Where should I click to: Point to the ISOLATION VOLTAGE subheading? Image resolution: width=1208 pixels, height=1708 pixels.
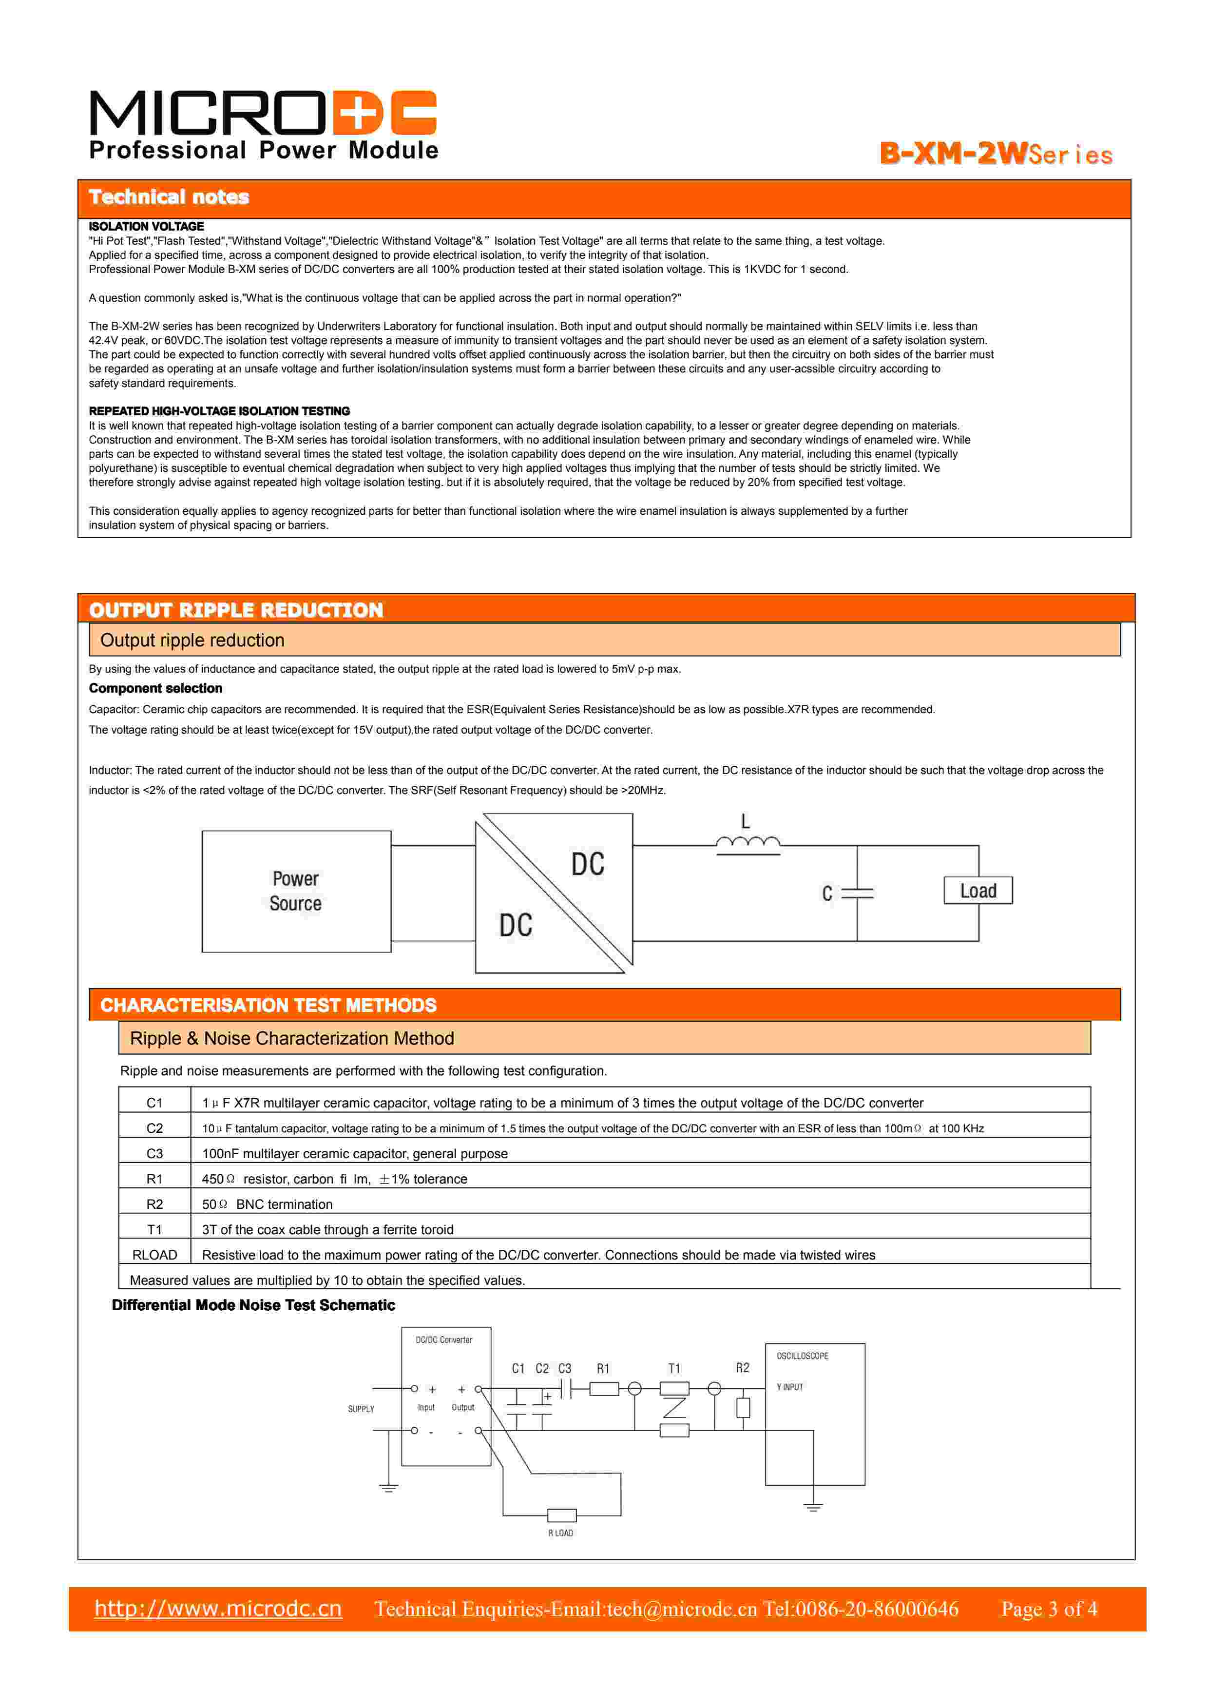[147, 226]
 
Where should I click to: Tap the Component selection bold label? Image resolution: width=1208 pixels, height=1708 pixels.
[155, 688]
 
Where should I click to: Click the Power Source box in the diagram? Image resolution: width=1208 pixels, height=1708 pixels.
[296, 891]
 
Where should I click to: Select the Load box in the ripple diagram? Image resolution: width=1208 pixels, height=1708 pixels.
[978, 891]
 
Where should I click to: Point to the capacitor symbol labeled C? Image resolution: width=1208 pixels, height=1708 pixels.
[857, 893]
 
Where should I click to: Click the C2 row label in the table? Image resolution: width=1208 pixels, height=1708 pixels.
[155, 1128]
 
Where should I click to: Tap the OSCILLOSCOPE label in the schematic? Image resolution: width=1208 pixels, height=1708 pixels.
[802, 1356]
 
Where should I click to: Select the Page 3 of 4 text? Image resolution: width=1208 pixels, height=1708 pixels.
[1048, 1609]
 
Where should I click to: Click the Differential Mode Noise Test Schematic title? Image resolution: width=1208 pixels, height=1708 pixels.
[253, 1305]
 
